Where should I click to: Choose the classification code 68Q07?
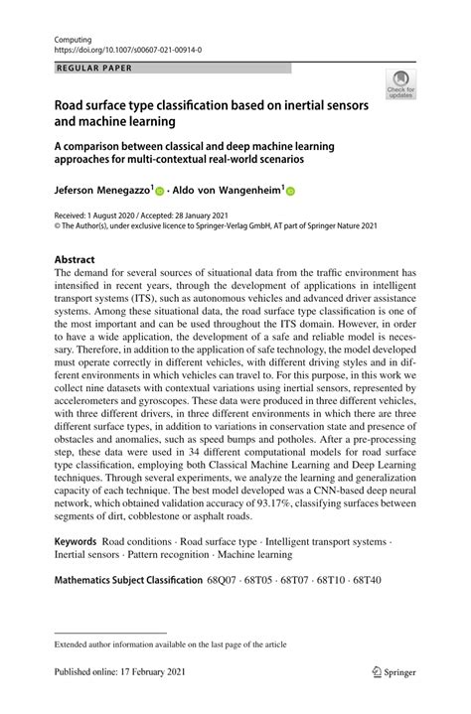(x=225, y=579)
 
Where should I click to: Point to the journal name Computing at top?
(x=77, y=35)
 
